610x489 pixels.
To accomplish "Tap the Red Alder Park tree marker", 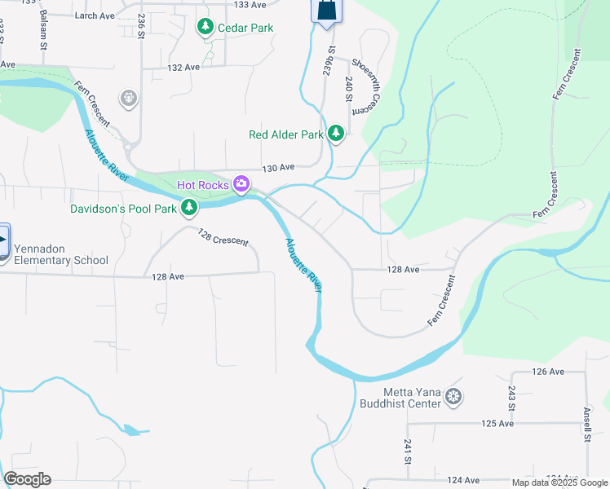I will click(x=335, y=134).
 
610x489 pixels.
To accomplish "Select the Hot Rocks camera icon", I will click(x=241, y=185).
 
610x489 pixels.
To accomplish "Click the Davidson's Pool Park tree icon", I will click(x=189, y=209).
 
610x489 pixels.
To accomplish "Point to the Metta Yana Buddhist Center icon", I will click(x=454, y=399).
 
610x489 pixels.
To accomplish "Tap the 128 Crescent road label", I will click(x=223, y=236).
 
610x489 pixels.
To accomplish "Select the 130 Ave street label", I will click(x=278, y=168).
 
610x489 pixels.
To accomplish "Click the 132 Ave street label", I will click(x=183, y=68).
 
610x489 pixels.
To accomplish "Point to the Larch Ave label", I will click(x=95, y=15).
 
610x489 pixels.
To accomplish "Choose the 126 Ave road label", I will click(x=548, y=372).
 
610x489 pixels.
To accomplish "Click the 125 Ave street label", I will click(x=497, y=424).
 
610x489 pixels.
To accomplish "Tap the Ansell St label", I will click(x=587, y=425).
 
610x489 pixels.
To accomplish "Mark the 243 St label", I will click(x=512, y=397).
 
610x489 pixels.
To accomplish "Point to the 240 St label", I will click(x=349, y=87).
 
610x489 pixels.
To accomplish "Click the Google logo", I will click(x=27, y=479).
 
